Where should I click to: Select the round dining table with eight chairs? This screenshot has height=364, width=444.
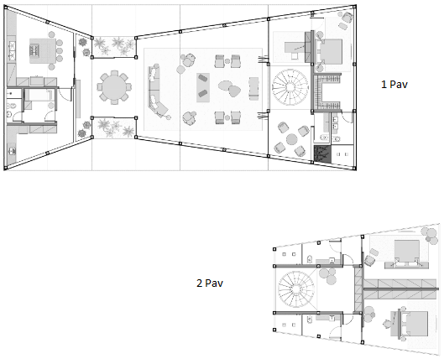coord(113,85)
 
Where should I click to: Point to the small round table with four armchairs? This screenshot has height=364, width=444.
coord(290,139)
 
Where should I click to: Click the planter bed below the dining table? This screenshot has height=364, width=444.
coord(111,127)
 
